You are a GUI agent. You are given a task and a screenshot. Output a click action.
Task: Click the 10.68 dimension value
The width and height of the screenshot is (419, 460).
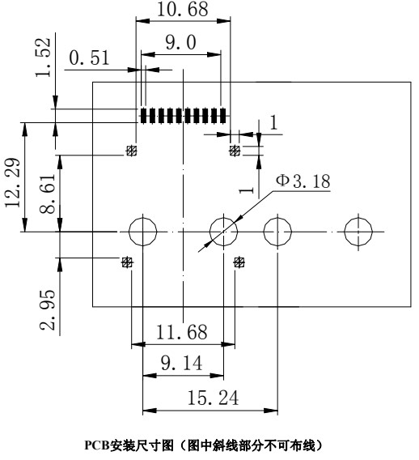tap(183, 9)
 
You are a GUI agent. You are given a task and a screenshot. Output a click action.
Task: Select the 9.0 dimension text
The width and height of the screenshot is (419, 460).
tap(180, 42)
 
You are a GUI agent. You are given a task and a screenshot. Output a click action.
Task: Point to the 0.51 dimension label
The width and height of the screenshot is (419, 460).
tap(89, 57)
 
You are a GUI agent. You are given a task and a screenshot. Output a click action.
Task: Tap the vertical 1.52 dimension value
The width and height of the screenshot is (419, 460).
tap(44, 57)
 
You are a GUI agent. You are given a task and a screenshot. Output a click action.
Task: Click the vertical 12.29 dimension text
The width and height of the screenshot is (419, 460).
tap(13, 182)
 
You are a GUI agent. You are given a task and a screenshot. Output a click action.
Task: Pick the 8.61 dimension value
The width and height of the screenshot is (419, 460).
tap(48, 194)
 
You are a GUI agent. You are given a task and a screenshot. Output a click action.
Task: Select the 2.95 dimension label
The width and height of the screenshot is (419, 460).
tap(48, 310)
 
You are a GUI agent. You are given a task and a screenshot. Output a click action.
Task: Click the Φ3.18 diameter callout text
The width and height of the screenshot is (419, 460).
tap(303, 181)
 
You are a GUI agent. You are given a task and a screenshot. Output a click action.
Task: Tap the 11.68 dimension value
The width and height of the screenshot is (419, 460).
tap(182, 332)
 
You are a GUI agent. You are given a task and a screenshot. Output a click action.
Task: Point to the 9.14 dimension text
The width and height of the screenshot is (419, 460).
tap(182, 363)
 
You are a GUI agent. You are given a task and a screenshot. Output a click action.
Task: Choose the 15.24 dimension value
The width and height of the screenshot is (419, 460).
tap(213, 398)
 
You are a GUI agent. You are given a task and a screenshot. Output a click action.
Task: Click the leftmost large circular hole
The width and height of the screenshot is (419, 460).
tap(142, 217)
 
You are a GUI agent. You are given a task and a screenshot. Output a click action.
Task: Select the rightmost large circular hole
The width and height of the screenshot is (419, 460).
tap(358, 217)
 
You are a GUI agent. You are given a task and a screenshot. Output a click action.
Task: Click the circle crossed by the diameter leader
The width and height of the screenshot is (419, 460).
tap(224, 217)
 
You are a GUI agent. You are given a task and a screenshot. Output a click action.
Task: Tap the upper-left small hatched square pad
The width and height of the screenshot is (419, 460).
tap(132, 151)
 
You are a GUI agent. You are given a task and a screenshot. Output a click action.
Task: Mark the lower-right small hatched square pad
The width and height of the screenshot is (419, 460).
tap(239, 262)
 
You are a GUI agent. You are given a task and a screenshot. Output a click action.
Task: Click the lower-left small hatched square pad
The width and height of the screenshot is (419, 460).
tap(127, 262)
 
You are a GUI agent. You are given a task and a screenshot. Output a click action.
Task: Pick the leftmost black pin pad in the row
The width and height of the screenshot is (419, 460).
tap(143, 116)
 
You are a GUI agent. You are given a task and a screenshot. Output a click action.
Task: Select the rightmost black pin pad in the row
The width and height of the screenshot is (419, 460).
tap(223, 116)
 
